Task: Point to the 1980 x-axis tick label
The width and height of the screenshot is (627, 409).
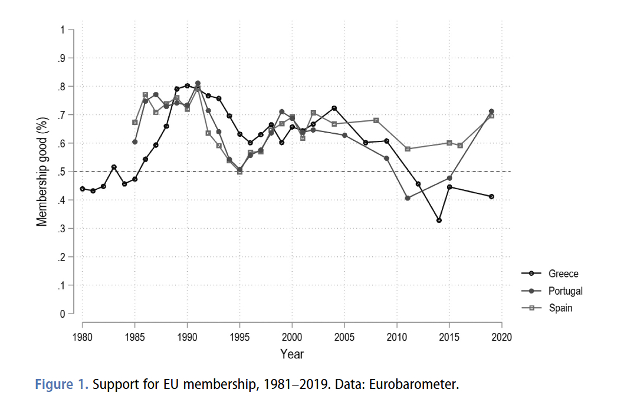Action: coord(83,337)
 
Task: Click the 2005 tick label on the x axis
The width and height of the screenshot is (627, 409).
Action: coord(344,337)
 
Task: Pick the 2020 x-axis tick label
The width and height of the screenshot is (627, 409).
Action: coord(502,337)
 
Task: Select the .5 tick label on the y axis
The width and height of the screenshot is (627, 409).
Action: coord(61,171)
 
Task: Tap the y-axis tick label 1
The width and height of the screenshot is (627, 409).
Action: coord(62,29)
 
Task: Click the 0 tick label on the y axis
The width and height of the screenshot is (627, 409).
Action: coord(62,314)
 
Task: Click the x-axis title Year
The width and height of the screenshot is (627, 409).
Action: coord(292,354)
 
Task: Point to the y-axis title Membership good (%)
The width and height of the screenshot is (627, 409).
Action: coord(42,171)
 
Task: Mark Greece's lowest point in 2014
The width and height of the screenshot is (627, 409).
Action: coord(439,220)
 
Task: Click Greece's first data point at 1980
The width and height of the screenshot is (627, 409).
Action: coord(83,189)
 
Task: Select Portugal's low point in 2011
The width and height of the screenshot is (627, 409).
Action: coord(408,198)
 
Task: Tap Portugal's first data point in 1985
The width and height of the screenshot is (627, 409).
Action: coord(135,142)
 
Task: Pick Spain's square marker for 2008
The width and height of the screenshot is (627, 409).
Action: coord(376,120)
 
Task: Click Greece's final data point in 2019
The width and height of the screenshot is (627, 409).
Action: coord(491,196)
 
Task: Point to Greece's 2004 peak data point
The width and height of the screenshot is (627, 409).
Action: coord(334,108)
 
